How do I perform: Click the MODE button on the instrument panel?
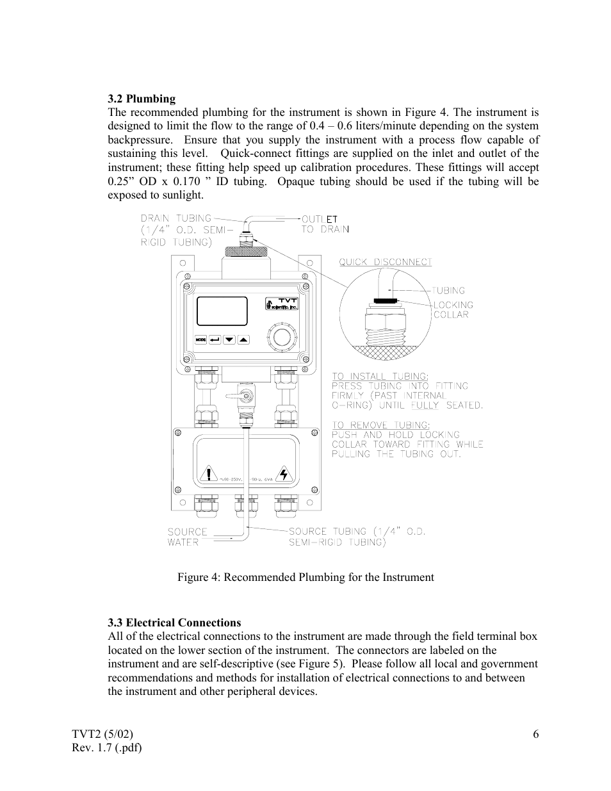pyautogui.click(x=201, y=339)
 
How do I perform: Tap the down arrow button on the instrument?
pyautogui.click(x=229, y=339)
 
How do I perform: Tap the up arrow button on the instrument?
pyautogui.click(x=243, y=339)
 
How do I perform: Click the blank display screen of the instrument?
pyautogui.click(x=222, y=311)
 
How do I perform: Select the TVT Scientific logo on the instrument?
pyautogui.click(x=282, y=304)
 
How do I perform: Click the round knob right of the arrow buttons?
pyautogui.click(x=280, y=338)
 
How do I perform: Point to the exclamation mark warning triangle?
pyautogui.click(x=209, y=475)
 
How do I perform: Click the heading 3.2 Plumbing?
pyautogui.click(x=142, y=99)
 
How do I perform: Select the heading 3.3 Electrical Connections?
pyautogui.click(x=174, y=623)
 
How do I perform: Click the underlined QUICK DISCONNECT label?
pyautogui.click(x=386, y=262)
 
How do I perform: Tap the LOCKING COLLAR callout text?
pyautogui.click(x=453, y=309)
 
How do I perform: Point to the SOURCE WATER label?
pyautogui.click(x=187, y=537)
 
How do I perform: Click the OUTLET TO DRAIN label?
pyautogui.click(x=325, y=224)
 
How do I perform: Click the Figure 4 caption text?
pyautogui.click(x=305, y=577)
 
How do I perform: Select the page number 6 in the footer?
pyautogui.click(x=535, y=734)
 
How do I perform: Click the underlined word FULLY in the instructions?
pyautogui.click(x=425, y=405)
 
